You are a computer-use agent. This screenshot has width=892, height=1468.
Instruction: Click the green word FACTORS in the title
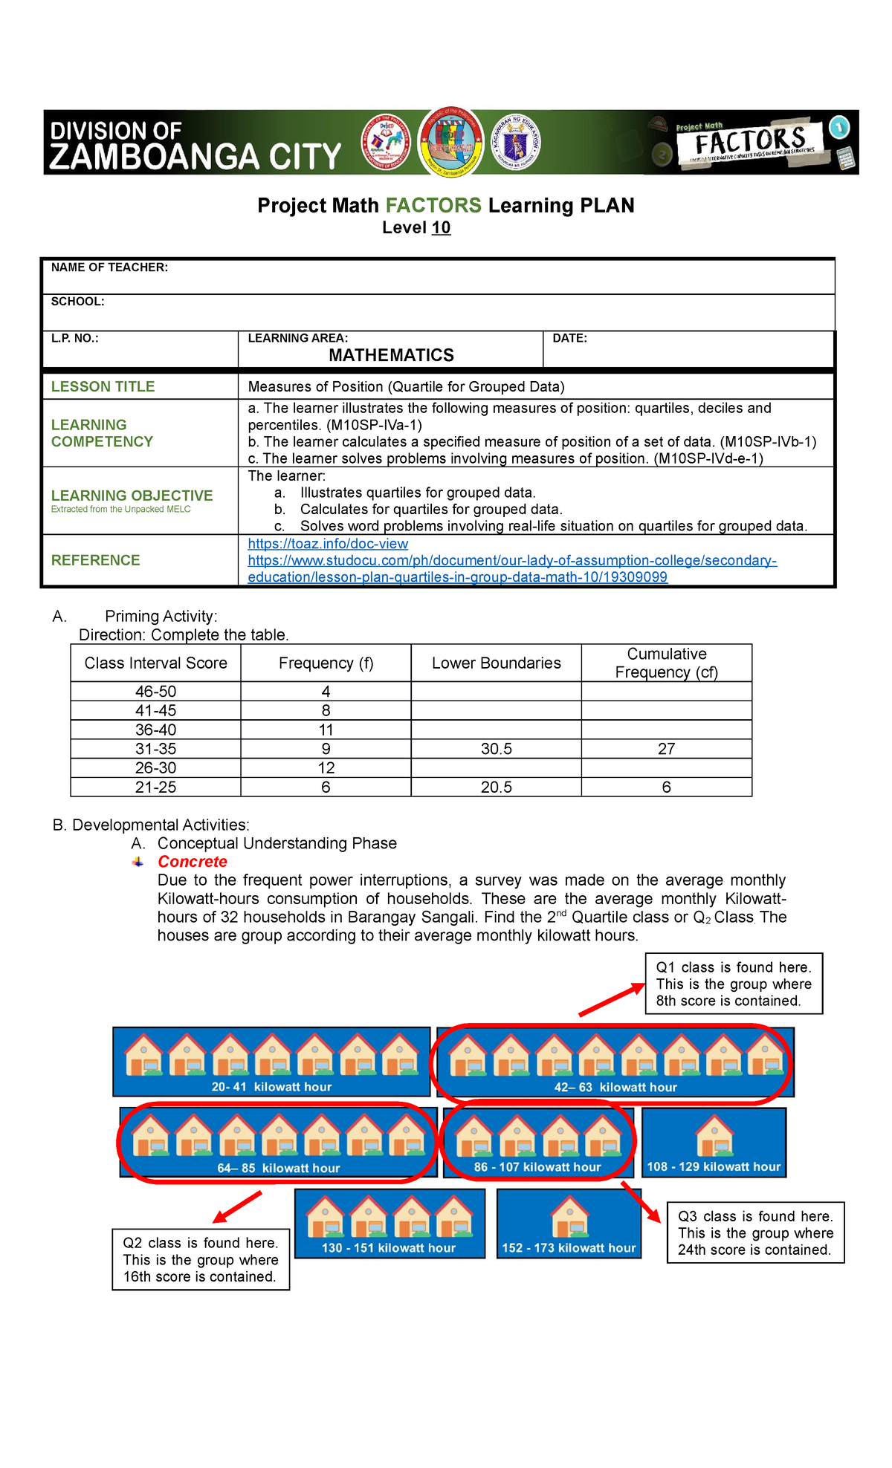pos(433,205)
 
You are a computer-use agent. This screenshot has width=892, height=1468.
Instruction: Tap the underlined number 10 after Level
pos(441,228)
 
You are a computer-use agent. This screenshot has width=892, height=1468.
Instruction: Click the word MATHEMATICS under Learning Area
pos(391,355)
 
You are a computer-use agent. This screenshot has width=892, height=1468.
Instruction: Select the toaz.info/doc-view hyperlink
pos(328,544)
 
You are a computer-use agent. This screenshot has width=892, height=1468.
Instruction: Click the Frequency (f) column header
pos(326,663)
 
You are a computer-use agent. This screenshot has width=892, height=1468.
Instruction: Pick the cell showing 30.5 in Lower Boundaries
pos(496,749)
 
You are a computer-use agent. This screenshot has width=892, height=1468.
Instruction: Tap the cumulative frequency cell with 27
pos(666,749)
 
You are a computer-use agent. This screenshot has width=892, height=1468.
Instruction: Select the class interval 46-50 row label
pos(155,692)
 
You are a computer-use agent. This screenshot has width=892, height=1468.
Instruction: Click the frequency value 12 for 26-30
pos(326,768)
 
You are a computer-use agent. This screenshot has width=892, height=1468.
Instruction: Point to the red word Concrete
pos(192,862)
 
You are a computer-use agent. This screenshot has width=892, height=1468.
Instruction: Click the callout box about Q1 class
pos(734,984)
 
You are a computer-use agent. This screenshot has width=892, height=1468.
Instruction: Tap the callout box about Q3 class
pos(755,1232)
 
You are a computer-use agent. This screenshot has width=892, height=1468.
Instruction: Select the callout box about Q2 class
pos(201,1259)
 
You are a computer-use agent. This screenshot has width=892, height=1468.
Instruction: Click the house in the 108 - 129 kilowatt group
pos(714,1136)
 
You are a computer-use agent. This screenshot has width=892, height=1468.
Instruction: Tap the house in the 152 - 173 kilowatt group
pos(569,1217)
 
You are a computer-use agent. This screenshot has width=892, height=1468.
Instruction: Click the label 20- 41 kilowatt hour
pos(271,1087)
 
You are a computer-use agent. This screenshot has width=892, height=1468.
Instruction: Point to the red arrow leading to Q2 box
pos(238,1207)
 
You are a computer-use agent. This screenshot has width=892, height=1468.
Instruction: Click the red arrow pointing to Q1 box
pos(612,1000)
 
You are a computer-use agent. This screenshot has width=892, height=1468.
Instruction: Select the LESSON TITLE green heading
pos(103,386)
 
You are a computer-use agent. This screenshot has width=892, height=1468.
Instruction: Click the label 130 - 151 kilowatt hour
pos(389,1248)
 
